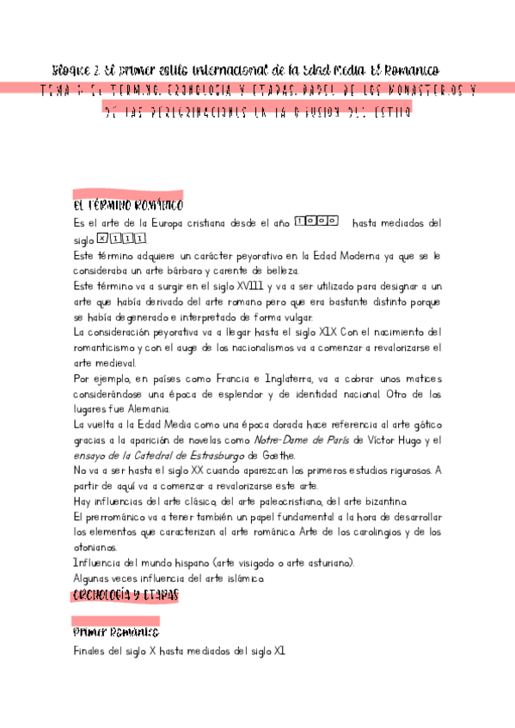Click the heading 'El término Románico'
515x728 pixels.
pyautogui.click(x=128, y=206)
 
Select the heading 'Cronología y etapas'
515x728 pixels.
pyautogui.click(x=126, y=594)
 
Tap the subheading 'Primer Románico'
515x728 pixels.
pyautogui.click(x=116, y=633)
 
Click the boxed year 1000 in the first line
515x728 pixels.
pyautogui.click(x=316, y=222)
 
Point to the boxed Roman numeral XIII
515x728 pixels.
pyautogui.click(x=121, y=240)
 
